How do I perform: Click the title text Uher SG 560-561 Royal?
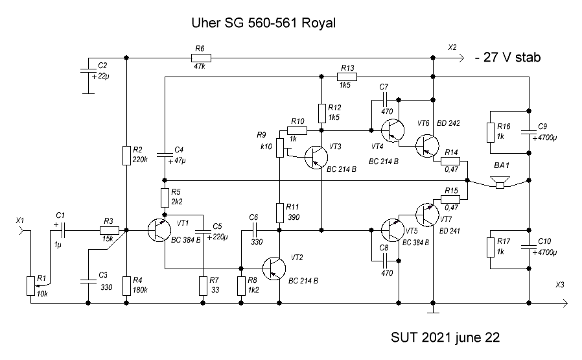(263, 23)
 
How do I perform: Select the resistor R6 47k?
(199, 57)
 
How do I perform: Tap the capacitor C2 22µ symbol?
(86, 71)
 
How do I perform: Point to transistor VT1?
(157, 230)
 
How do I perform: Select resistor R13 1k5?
(347, 77)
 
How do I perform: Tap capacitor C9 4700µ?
(529, 133)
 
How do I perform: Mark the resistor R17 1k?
(491, 247)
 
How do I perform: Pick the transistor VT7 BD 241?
(426, 215)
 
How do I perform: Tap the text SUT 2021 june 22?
(446, 338)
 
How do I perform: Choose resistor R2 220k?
(126, 156)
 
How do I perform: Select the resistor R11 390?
(279, 212)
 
